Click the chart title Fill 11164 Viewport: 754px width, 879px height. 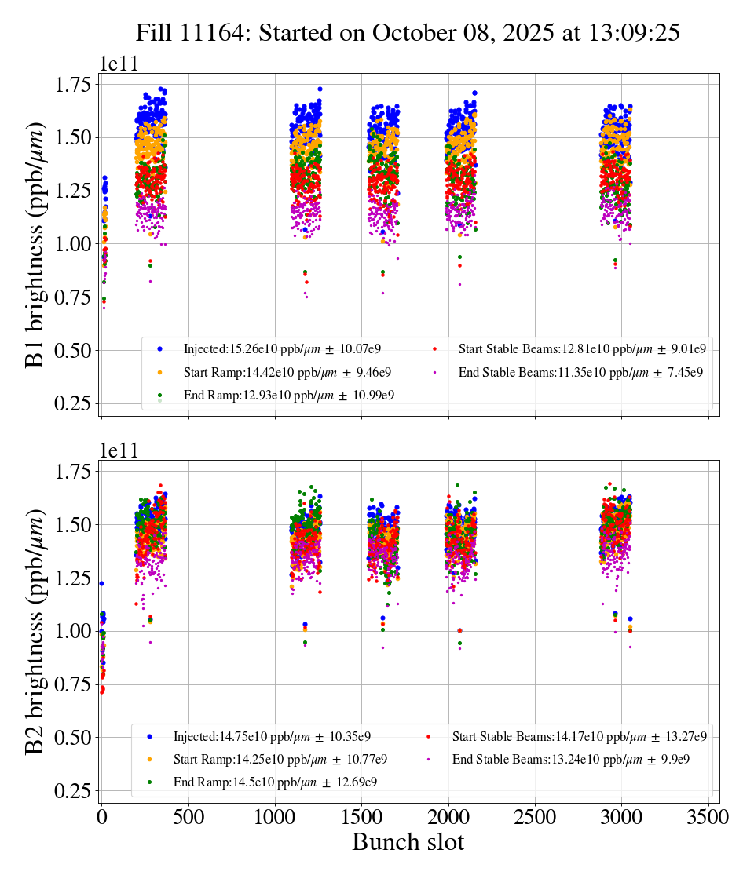408,33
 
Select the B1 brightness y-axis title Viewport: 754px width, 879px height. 35,246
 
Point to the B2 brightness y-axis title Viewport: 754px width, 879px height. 35,633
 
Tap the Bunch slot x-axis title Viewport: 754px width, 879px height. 408,842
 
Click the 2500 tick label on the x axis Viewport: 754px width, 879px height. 535,816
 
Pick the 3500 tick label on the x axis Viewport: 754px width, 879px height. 708,816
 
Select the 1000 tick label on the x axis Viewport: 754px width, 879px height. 275,816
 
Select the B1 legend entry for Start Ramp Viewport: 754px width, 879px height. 287,372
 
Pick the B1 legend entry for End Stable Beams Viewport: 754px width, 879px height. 580,372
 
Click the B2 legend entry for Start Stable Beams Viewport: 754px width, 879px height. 579,736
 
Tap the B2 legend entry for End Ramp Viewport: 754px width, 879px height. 279,782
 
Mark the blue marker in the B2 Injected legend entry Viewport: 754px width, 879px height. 149,736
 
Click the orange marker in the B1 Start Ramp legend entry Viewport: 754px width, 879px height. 160,372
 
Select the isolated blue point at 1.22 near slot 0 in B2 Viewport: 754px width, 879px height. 101,583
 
